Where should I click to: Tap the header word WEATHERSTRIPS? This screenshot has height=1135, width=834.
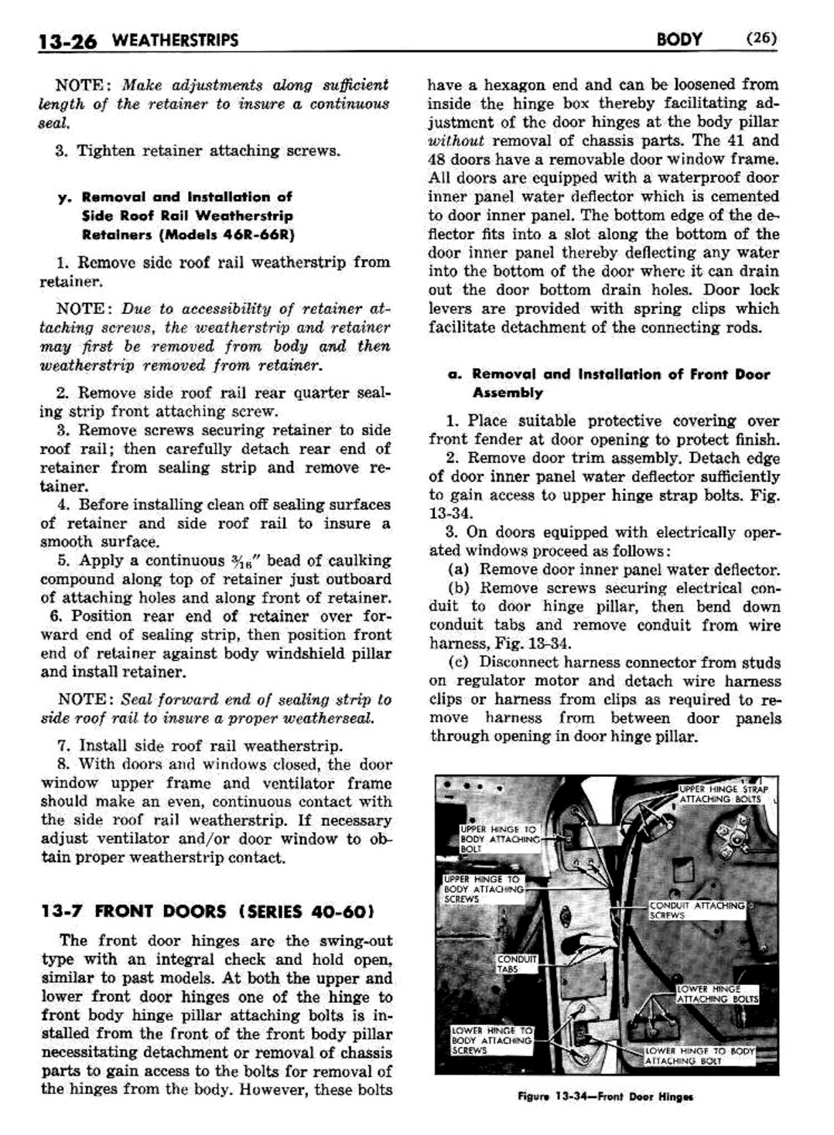pos(173,40)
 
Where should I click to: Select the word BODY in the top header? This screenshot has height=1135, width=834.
pos(678,39)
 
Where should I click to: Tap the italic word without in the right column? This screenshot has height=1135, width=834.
pos(456,141)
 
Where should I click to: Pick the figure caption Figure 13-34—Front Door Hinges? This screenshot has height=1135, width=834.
pos(606,1097)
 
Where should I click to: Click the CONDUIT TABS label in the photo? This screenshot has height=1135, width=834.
pos(517,963)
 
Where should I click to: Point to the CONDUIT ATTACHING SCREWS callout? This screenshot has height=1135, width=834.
pos(697,910)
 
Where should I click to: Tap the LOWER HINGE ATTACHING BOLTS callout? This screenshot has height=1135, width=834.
pos(716,994)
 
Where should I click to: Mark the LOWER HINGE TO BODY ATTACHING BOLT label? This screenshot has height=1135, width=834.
pos(700,1056)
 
